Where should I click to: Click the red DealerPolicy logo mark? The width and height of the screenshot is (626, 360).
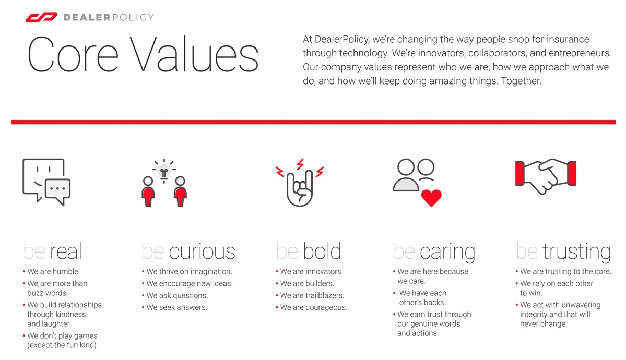tap(41, 18)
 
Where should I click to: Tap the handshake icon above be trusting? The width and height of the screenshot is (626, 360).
tap(545, 176)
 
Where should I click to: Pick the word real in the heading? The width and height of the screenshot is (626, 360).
tap(66, 252)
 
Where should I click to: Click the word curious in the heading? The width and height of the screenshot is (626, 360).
tap(202, 252)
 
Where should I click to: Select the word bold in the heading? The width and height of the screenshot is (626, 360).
tap(322, 252)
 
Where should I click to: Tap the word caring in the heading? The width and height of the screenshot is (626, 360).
tap(447, 253)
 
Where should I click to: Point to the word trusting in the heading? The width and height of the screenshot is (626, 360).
tap(576, 253)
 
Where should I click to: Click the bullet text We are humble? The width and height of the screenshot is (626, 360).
tap(53, 272)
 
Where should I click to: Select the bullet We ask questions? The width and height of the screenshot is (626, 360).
tap(177, 296)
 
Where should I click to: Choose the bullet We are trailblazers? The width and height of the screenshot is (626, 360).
tap(312, 296)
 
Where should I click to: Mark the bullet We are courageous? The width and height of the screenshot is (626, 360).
tap(313, 308)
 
